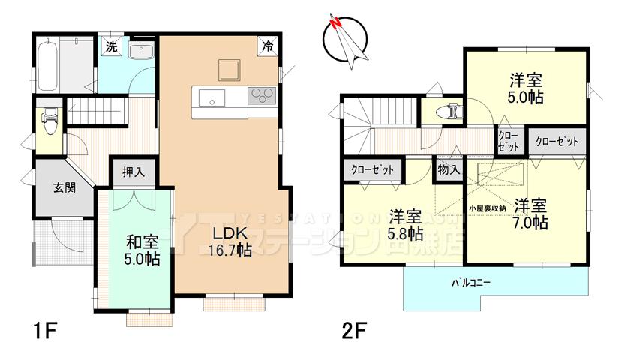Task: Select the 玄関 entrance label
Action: click(x=64, y=187)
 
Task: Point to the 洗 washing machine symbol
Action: click(x=111, y=46)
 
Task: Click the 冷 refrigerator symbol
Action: click(x=268, y=46)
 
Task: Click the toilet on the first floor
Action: click(x=50, y=120)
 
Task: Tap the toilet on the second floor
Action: click(x=452, y=110)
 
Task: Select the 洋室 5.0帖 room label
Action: click(x=525, y=88)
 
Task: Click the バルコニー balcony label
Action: click(x=471, y=283)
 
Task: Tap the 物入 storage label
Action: click(x=448, y=171)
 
